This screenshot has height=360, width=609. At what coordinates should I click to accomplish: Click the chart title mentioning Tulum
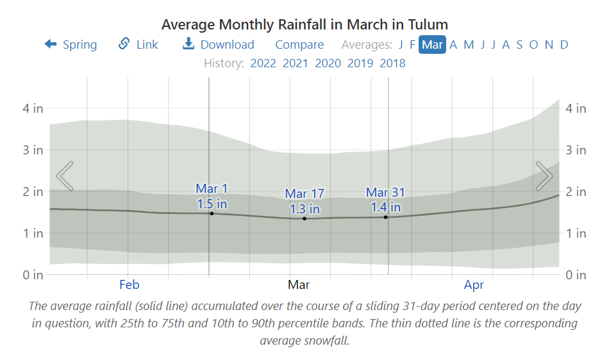click(x=304, y=24)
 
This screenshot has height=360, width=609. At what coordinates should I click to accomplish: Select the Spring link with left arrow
click(x=71, y=44)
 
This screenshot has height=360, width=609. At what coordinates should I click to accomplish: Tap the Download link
click(x=219, y=44)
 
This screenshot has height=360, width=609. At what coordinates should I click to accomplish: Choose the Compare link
click(x=299, y=44)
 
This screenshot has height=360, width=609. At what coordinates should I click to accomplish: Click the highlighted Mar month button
click(x=432, y=44)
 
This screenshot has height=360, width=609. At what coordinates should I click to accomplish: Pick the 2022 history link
click(x=263, y=63)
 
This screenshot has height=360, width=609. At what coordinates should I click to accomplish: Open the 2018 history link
click(x=392, y=63)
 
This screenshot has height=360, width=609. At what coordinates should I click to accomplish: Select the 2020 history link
click(x=328, y=63)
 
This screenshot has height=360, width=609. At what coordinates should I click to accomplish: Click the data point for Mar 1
click(x=212, y=213)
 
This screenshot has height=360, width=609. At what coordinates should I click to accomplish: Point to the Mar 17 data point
click(x=304, y=218)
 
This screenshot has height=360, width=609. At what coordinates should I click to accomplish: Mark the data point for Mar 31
click(x=385, y=217)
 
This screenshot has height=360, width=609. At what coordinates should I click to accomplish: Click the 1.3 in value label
click(x=304, y=209)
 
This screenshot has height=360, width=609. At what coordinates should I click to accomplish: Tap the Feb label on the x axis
click(x=129, y=284)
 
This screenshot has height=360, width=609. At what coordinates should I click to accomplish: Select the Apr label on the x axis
click(x=474, y=284)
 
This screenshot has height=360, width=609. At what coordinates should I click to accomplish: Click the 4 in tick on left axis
click(x=33, y=108)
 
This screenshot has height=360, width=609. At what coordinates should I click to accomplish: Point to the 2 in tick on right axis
click(x=576, y=192)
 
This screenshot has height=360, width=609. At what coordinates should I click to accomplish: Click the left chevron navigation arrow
click(x=65, y=176)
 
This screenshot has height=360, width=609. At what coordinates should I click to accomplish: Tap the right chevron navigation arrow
click(x=544, y=176)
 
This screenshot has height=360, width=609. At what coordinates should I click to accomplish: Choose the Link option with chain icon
click(x=138, y=44)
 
